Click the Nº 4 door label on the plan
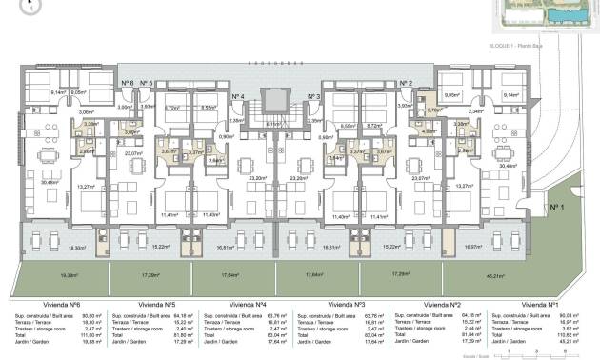238,97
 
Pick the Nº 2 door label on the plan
406,84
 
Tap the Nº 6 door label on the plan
128,84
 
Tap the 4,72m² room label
172,109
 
